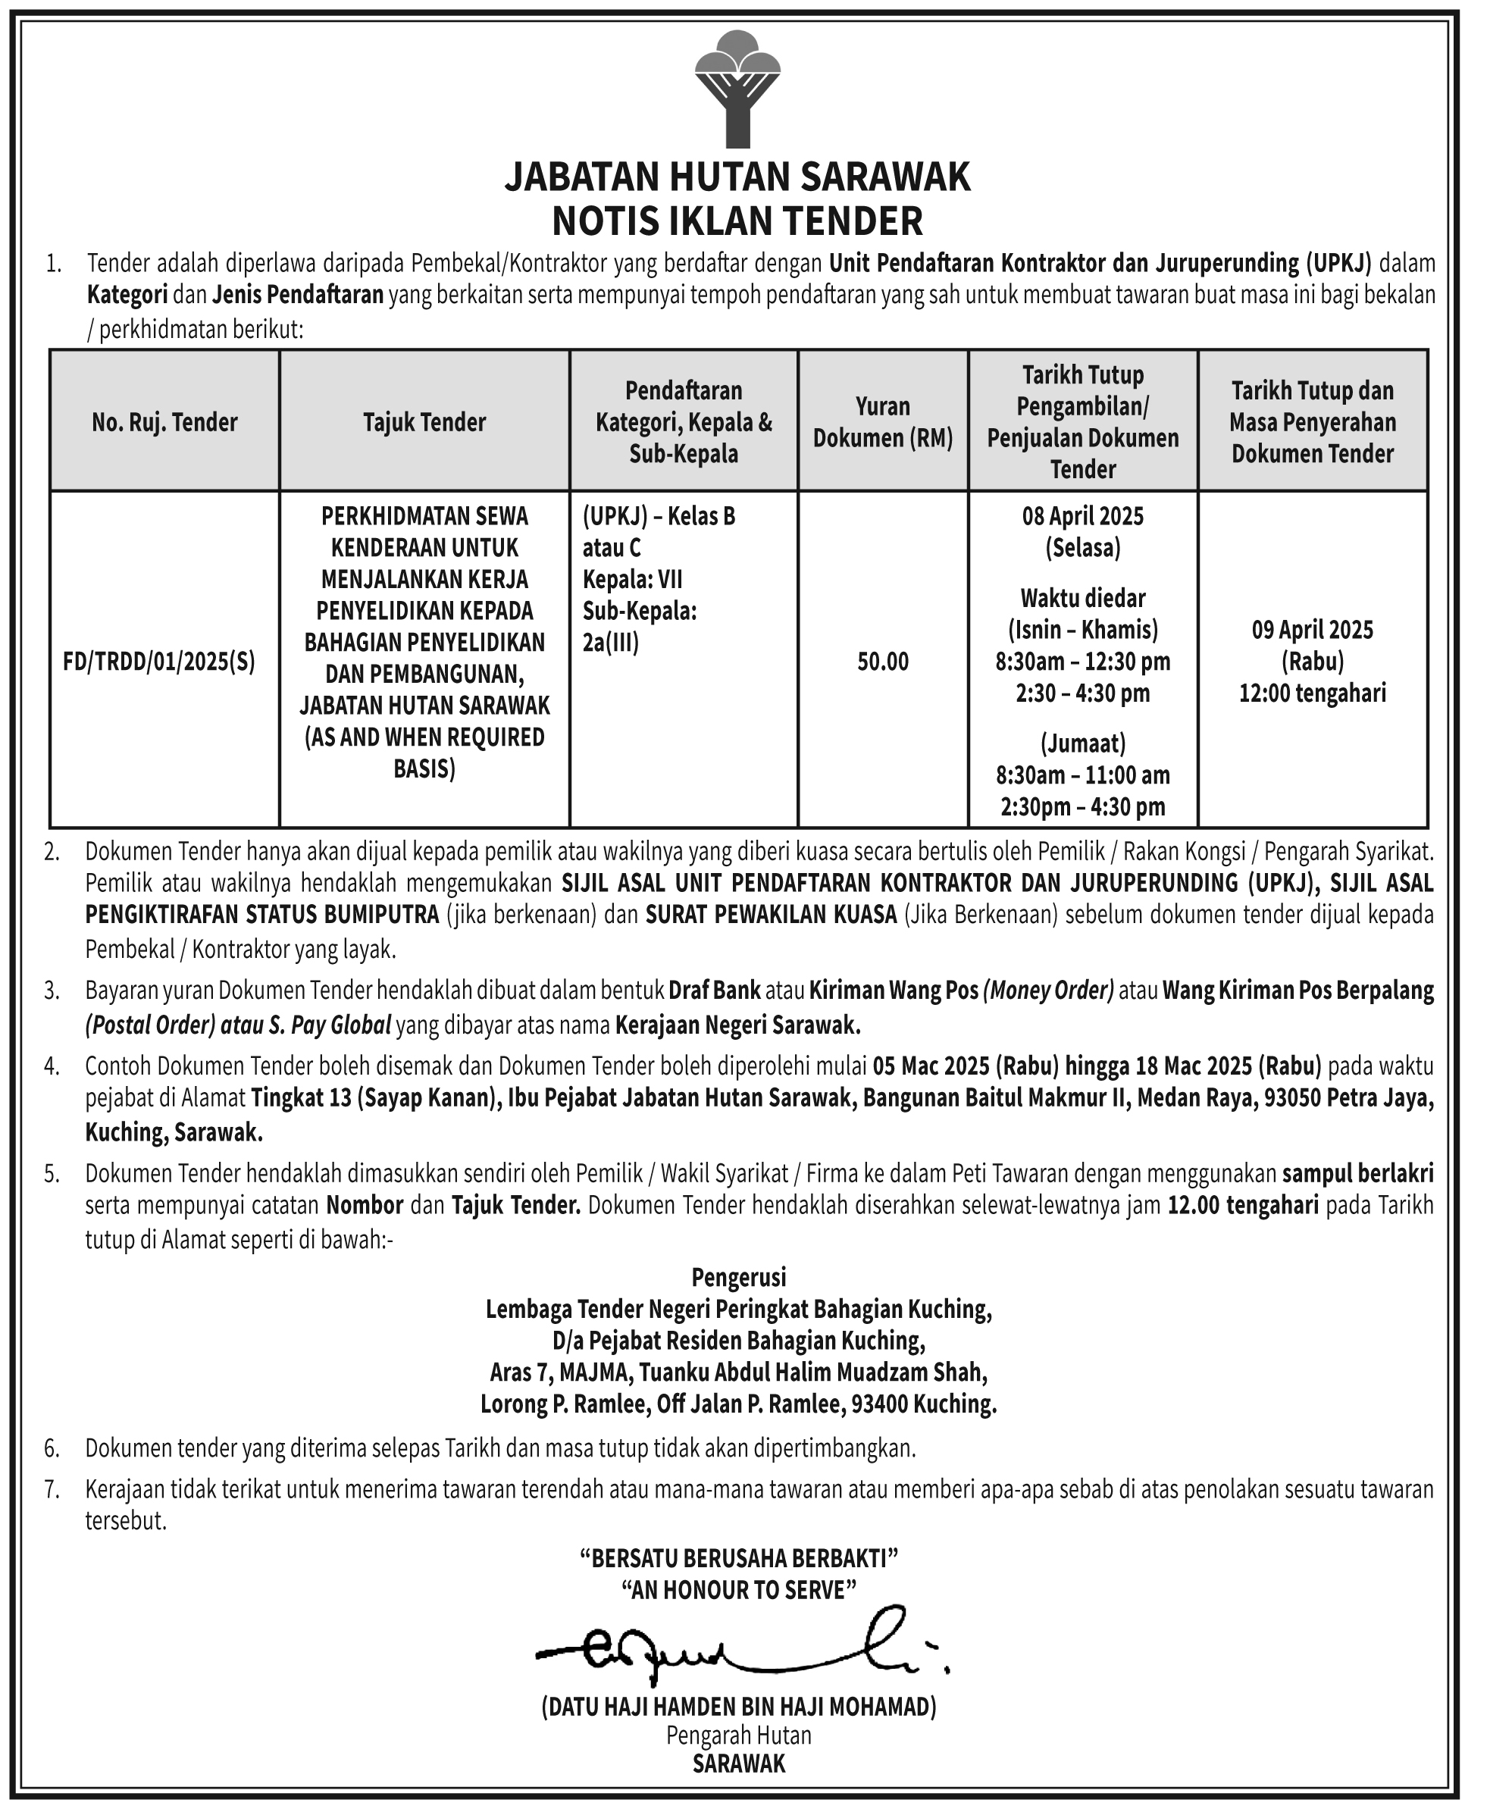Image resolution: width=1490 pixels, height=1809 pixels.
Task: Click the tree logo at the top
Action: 737,89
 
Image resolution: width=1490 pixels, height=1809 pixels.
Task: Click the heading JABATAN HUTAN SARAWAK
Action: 737,177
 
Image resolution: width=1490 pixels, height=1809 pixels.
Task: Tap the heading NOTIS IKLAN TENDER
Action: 737,221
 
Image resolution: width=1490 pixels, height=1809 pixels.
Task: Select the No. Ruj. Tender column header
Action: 164,422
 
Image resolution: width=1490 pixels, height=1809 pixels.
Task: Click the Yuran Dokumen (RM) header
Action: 883,422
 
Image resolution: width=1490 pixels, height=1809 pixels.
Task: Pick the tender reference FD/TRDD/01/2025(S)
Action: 160,662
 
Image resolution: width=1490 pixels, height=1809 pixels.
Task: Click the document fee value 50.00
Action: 883,662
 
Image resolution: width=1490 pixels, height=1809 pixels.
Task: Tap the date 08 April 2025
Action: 1082,517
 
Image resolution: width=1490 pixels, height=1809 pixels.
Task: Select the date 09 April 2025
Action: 1313,630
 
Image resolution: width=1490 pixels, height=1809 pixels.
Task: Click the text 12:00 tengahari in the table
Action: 1313,693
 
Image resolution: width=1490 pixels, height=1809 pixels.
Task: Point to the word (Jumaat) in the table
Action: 1082,743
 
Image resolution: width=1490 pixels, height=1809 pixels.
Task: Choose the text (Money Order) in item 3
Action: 1048,991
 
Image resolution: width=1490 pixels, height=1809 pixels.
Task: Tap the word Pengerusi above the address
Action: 739,1278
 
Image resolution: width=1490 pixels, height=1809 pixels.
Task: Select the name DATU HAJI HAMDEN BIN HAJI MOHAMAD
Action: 739,1707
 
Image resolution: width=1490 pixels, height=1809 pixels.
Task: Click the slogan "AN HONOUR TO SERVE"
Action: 739,1590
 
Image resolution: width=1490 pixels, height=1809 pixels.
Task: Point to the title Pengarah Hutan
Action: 739,1735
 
